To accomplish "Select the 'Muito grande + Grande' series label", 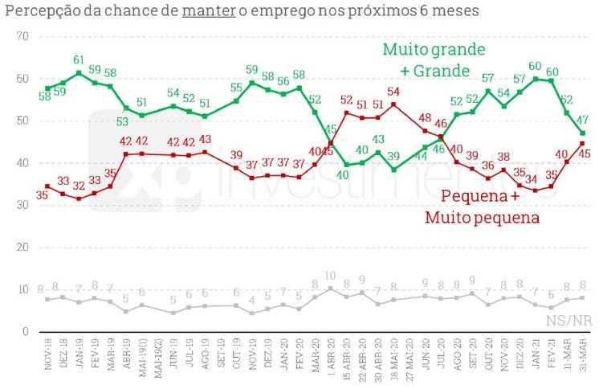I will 434,59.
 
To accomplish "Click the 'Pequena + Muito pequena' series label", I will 480,207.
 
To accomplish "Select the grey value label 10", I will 331,276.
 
